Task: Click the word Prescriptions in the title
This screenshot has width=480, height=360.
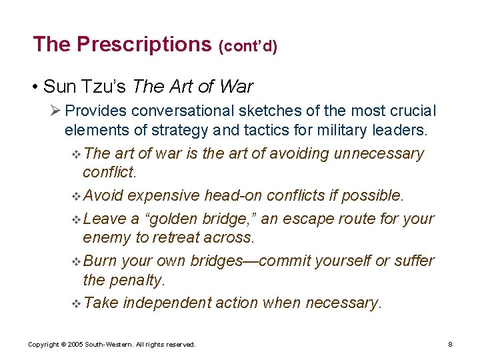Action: tap(143, 44)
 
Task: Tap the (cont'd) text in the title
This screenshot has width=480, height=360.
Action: tap(248, 46)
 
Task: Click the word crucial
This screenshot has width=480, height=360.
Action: tap(411, 110)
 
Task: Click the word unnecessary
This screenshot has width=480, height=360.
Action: tap(379, 153)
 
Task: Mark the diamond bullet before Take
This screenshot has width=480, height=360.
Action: tap(75, 303)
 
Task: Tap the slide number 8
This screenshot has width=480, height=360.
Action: tap(451, 344)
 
